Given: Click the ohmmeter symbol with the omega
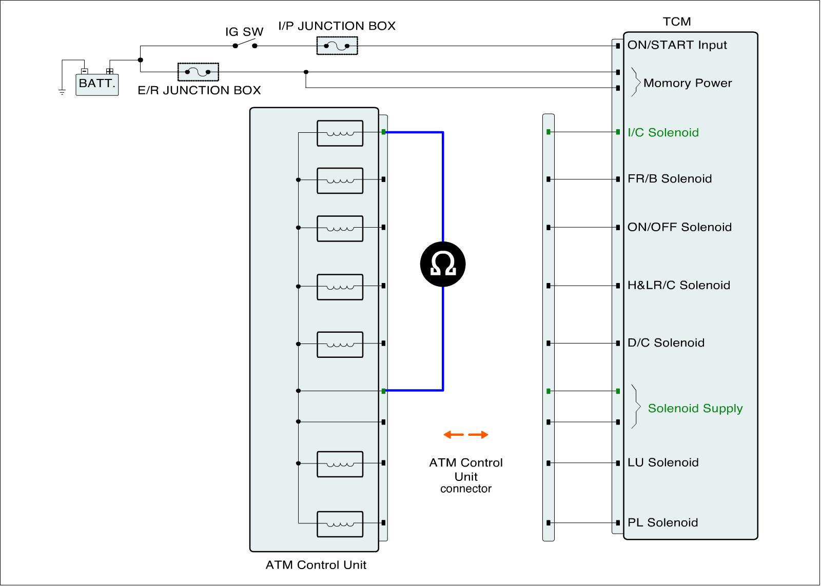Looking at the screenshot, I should (443, 265).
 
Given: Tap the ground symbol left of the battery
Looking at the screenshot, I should (62, 92).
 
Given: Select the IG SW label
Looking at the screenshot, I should (244, 32).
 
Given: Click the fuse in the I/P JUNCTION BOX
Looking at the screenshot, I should (337, 46).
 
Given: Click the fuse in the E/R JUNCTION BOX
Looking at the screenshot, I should (198, 72).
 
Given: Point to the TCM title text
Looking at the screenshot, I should (677, 22).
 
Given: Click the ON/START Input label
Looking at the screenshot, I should (677, 45).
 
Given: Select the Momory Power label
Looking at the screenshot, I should (688, 83).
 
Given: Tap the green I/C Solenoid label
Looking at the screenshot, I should (663, 133).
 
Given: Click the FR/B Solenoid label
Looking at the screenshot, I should (670, 179).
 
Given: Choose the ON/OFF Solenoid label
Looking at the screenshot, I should (679, 227).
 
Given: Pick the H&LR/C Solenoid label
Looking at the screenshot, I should (678, 286).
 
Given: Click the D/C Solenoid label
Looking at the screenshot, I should (666, 343).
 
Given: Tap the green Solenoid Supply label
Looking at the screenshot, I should (695, 409).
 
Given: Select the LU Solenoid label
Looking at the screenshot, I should (663, 463).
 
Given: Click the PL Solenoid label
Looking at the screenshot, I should (662, 523).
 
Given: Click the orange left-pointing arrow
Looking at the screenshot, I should (454, 435).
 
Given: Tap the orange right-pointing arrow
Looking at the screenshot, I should (478, 435).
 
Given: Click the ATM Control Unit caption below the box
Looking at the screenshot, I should (316, 565).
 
